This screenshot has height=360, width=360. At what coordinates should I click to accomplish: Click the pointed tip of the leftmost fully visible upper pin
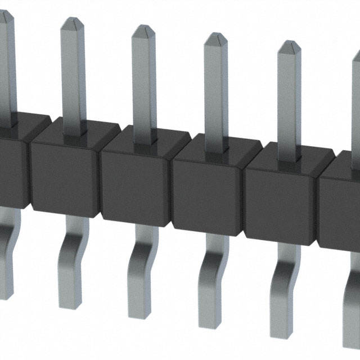(73, 22)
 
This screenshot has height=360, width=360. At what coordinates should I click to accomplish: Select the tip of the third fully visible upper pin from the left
(215, 38)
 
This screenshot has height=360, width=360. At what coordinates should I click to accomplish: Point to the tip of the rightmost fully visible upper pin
(289, 46)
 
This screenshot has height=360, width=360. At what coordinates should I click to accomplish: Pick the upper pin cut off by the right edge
(356, 84)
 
